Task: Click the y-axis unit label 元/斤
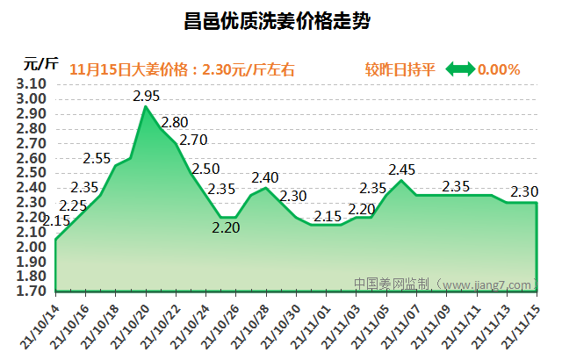pyautogui.click(x=41, y=63)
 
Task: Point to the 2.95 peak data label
pyautogui.click(x=146, y=96)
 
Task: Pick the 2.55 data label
pyautogui.click(x=97, y=159)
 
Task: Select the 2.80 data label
pyautogui.click(x=175, y=122)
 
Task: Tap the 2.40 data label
pyautogui.click(x=264, y=178)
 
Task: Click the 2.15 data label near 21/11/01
pyautogui.click(x=328, y=216)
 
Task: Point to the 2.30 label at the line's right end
pyautogui.click(x=524, y=191)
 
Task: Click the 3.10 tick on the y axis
pyautogui.click(x=31, y=84)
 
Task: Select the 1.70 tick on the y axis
pyautogui.click(x=31, y=292)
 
